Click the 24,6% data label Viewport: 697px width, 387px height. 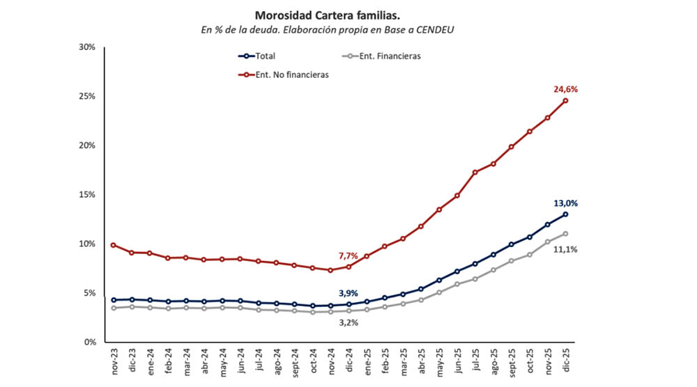pos(565,89)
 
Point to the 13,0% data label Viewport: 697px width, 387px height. pos(565,203)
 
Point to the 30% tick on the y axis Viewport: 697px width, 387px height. pos(86,47)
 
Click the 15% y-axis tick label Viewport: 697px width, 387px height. pos(86,195)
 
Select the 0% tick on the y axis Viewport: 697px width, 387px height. pos(89,342)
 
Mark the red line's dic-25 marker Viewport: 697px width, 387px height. pos(565,100)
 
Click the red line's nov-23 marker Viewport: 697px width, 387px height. pos(114,245)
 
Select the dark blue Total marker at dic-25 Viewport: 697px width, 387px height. pos(565,214)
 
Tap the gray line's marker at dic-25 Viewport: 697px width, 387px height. pos(565,234)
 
